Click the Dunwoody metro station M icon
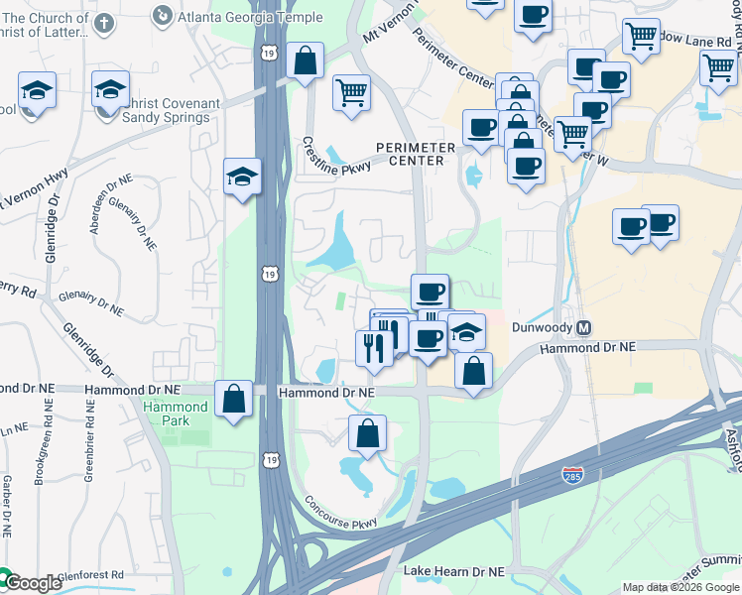click(584, 328)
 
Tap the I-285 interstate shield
click(572, 475)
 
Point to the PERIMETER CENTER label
click(416, 155)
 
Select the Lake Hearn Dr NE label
click(456, 572)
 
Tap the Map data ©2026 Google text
click(680, 587)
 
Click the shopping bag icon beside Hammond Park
click(232, 400)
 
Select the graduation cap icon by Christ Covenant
click(110, 89)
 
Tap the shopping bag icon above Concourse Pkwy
click(367, 433)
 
